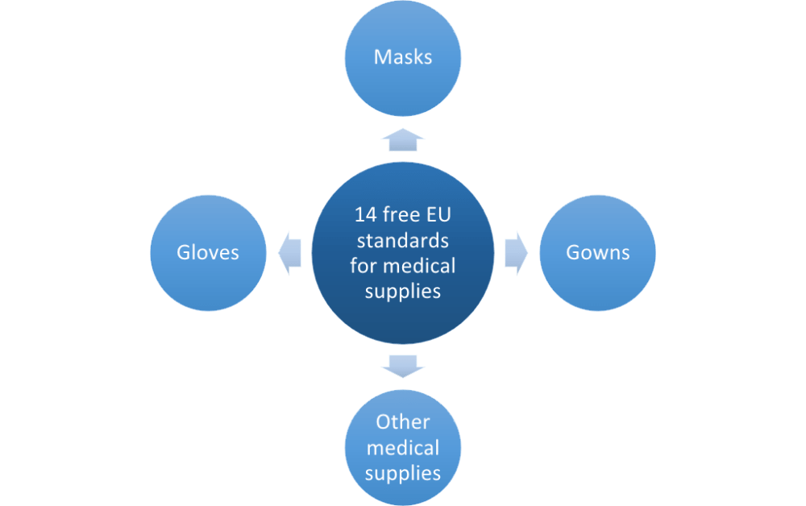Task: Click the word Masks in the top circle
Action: (403, 57)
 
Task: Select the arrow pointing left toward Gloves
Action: (289, 252)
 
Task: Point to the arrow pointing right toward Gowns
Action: (517, 252)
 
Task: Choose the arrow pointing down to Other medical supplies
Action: (403, 365)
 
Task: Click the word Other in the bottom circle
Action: (403, 422)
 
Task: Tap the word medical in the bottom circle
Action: (403, 447)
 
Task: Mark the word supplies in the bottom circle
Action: (403, 473)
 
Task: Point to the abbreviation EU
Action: (436, 215)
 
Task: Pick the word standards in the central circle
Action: (403, 240)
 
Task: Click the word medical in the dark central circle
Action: (419, 266)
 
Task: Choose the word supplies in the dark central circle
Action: (403, 292)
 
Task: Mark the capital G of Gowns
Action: (573, 253)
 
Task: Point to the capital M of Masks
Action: (381, 57)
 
